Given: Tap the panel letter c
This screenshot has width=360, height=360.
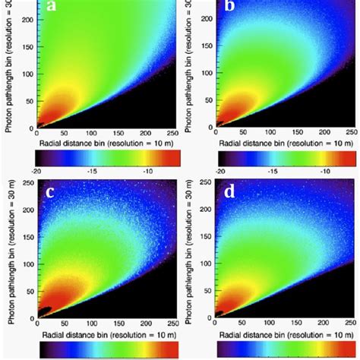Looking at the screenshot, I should (51, 192).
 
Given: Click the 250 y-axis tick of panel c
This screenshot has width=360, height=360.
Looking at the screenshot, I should (27, 183).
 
